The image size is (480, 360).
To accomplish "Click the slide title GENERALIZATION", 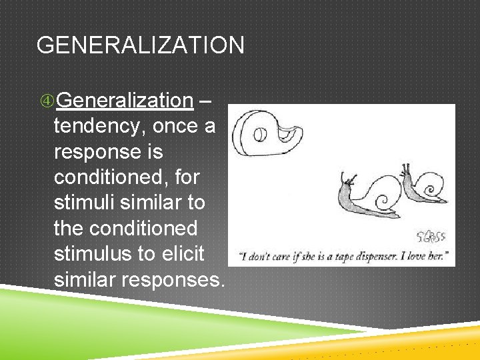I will [140, 45].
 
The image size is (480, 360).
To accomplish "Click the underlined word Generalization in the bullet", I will [125, 101].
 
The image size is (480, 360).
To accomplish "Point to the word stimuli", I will [85, 203].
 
